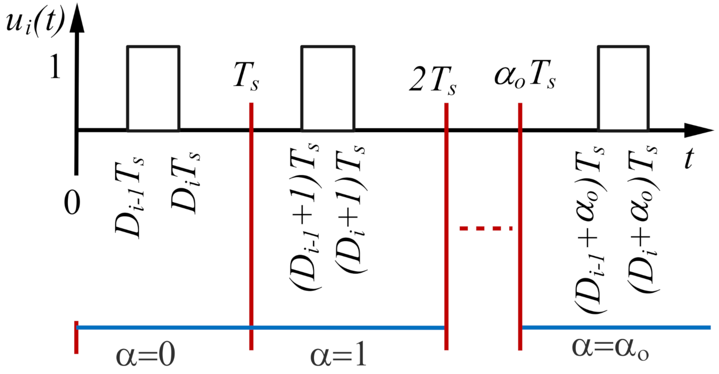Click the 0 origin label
[72, 203]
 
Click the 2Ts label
[432, 80]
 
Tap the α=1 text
[338, 355]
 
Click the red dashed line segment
[486, 228]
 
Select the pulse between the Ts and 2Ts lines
[328, 88]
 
